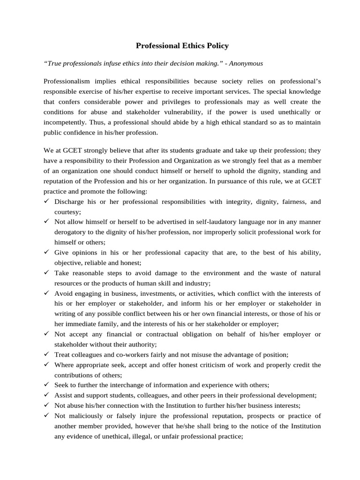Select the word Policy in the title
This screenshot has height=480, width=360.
tap(216, 46)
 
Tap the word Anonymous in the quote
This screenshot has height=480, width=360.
tap(246, 63)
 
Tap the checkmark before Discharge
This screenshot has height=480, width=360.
tap(46, 202)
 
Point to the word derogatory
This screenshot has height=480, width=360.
tap(72, 232)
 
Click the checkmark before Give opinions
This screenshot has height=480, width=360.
tap(46, 252)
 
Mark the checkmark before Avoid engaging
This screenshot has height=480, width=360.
tap(46, 293)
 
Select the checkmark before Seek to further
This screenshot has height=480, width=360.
tap(46, 385)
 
